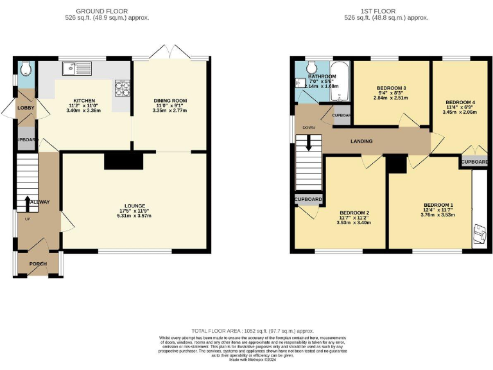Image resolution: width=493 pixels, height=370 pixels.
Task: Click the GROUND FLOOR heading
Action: [x=102, y=11]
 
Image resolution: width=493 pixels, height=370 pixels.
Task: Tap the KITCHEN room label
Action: [x=84, y=101]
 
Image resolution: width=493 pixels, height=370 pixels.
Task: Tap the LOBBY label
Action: [x=26, y=108]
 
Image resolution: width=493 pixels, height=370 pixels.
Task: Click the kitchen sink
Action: [x=76, y=67]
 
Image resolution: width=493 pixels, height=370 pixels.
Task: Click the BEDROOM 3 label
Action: [x=391, y=88]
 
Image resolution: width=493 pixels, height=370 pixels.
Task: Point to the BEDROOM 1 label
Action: [x=438, y=206]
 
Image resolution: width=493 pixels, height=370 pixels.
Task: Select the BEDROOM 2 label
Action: [x=354, y=213]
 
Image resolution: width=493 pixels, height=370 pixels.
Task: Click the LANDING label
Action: [x=361, y=141]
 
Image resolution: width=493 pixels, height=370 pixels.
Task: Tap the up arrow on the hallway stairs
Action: [x=27, y=203]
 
